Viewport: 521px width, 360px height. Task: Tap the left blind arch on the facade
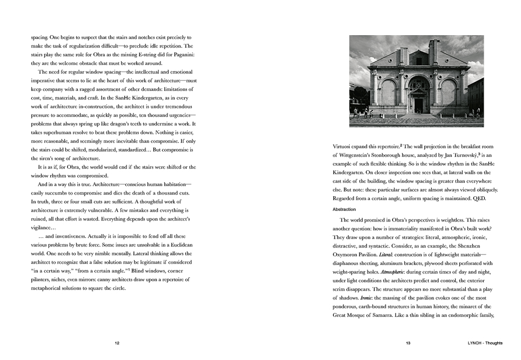coord(388,93)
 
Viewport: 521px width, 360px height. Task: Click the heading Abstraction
coord(344,209)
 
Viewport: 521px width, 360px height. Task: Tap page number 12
coord(117,343)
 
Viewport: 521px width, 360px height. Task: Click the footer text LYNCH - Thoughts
coord(485,343)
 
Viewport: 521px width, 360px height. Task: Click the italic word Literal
coord(387,254)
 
